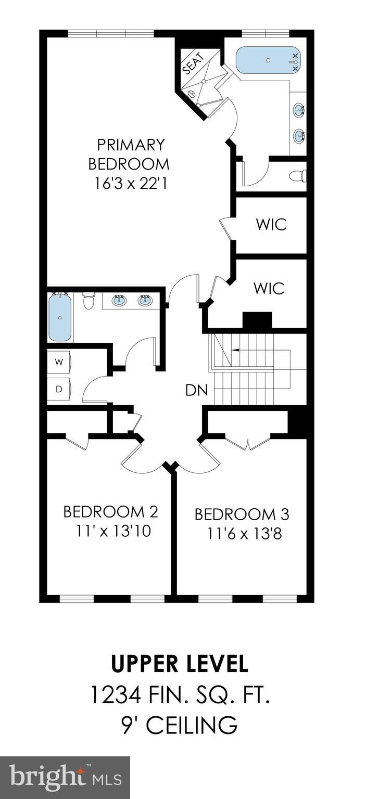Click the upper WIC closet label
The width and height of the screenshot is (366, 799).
tap(271, 225)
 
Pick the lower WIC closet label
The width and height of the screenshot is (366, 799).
tap(269, 288)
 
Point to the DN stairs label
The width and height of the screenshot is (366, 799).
tap(196, 390)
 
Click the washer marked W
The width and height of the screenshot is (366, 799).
tap(59, 363)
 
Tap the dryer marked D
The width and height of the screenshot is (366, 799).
tap(59, 388)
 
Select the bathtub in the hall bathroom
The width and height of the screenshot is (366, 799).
tap(61, 317)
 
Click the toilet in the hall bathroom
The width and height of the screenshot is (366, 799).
tap(89, 301)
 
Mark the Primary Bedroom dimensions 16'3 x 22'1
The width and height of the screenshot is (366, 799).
tap(129, 184)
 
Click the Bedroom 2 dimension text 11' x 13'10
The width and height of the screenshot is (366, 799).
tap(113, 532)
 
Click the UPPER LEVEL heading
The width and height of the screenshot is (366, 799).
tap(180, 664)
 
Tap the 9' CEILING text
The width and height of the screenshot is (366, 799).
tap(180, 725)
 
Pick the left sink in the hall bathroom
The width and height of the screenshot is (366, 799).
tap(120, 300)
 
